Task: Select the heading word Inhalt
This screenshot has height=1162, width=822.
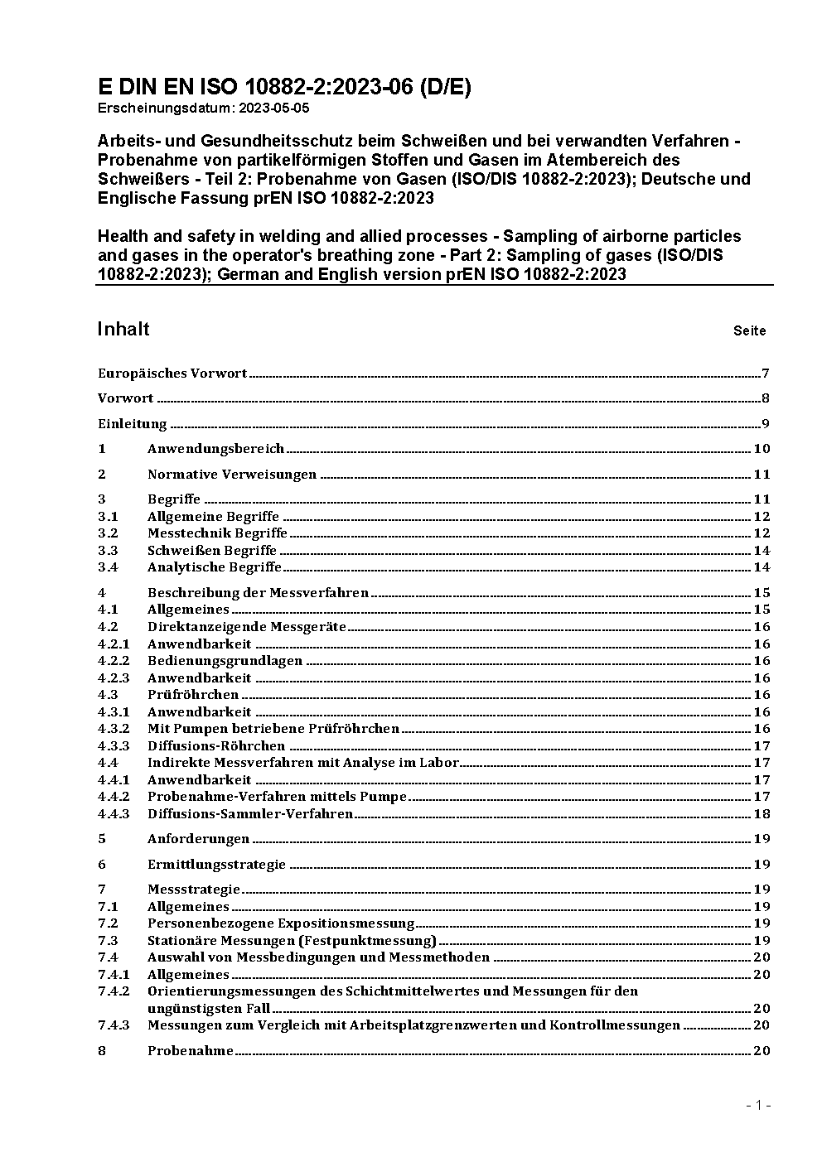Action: point(123,329)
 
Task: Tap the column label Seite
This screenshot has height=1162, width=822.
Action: point(749,330)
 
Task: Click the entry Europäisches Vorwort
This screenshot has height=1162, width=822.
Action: point(172,374)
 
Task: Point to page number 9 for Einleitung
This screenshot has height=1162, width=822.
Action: point(766,424)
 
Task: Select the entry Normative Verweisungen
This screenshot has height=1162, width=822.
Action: point(232,475)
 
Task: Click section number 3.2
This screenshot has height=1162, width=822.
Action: point(108,533)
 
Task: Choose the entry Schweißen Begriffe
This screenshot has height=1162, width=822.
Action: point(212,551)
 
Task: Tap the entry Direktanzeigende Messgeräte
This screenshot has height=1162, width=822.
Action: point(247,627)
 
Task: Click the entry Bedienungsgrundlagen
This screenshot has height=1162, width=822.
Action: point(225,661)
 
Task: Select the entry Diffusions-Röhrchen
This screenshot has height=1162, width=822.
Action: point(216,746)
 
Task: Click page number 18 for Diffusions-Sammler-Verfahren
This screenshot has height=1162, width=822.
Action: point(762,814)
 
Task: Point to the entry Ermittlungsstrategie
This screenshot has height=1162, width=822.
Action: point(216,865)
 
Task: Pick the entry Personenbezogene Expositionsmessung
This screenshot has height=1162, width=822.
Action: point(281,923)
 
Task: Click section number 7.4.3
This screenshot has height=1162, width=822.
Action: point(114,1025)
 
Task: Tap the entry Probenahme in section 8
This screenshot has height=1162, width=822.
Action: point(191,1051)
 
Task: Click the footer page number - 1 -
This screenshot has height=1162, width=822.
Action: point(759,1105)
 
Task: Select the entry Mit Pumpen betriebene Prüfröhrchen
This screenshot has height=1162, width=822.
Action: point(273,729)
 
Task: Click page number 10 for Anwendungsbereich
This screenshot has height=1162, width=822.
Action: point(762,449)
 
